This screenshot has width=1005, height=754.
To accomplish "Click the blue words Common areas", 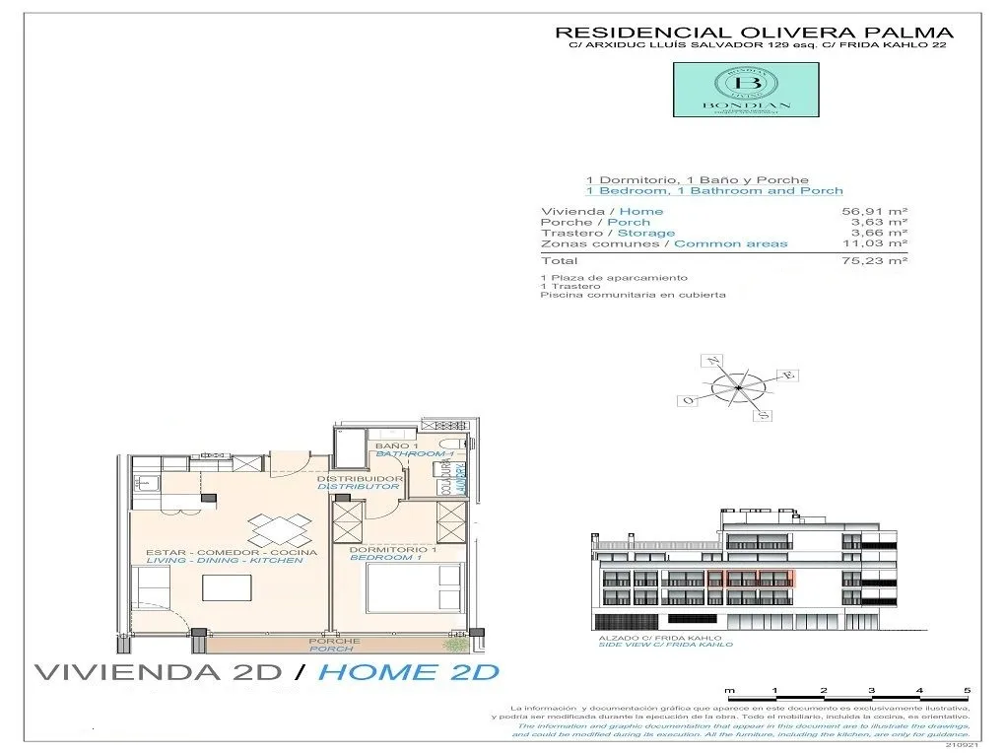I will pos(730,243).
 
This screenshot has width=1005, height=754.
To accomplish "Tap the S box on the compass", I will pos(762,416).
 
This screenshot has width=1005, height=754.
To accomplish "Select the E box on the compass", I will pos(787,376).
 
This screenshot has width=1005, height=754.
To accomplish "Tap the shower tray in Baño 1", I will pos(349,448).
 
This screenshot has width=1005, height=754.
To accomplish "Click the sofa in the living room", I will pos(155,591).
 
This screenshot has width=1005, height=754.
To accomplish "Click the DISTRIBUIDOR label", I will pos(359,478).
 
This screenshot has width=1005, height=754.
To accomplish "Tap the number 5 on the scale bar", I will pos(967,690).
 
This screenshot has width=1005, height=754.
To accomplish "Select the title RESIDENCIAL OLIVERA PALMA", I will pos(754,33).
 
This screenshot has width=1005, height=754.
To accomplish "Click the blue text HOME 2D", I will pos(409,673).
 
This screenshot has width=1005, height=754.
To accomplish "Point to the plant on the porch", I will pos(456,645).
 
